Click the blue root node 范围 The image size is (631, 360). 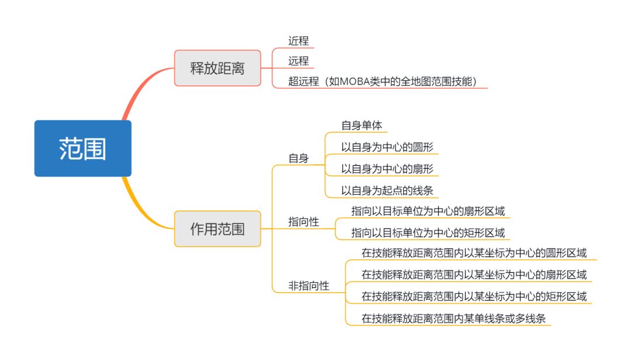pos(82,148)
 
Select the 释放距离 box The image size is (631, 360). pos(217,68)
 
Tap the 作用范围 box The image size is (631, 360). pos(217,229)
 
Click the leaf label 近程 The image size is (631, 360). pos(299,40)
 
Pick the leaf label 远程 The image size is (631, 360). pos(299,61)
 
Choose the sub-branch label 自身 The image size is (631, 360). pos(299,158)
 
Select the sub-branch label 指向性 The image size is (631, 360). pos(304,222)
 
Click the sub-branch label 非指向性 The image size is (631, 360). pos(308,286)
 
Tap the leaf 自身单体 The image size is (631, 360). pos(361,125)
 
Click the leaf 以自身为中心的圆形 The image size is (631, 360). pos(387,147)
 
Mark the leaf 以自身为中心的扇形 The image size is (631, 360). pos(387,168)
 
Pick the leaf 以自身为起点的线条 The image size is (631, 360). pos(387,190)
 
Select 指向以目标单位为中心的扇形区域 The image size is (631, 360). pos(428,211)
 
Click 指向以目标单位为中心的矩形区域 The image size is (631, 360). pos(428,233)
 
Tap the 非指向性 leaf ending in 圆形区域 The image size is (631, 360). pos(474,253)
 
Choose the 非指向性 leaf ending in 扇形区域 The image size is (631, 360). pos(474,275)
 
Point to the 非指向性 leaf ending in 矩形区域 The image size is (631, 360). pos(474,296)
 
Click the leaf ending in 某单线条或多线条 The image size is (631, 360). pos(456,319)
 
